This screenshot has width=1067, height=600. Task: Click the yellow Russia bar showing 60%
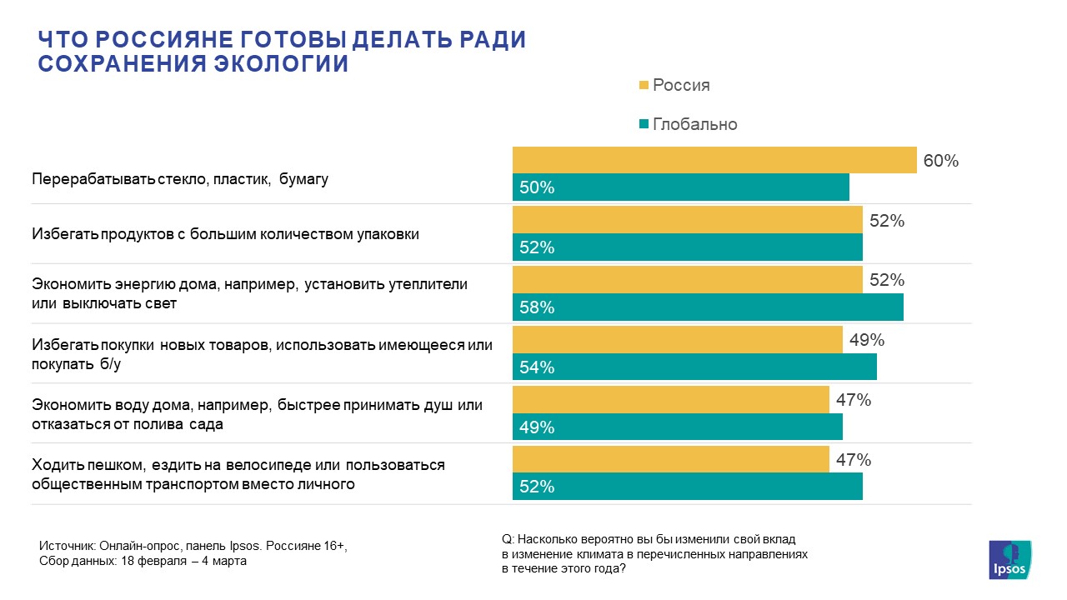coord(714,160)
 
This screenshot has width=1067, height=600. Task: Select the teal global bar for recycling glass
coord(680,187)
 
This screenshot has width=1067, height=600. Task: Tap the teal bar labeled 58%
coord(708,307)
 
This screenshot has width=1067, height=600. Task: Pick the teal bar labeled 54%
coord(694,367)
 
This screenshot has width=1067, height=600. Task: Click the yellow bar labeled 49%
coord(677,340)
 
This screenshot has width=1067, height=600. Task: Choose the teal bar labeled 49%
coord(677,427)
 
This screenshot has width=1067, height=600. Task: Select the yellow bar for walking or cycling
coord(670,460)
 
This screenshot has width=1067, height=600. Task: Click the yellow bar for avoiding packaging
coord(687,221)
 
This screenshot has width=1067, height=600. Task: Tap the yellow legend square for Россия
coord(644,85)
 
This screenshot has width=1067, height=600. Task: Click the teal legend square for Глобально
coord(644,124)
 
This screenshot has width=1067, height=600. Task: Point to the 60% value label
coord(940,161)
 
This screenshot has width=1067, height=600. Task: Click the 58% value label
coord(537,307)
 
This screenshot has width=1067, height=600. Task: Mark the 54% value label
coord(537,367)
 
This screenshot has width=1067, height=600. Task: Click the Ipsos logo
coord(1009,559)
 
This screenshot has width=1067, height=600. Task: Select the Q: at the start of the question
coord(508,539)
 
